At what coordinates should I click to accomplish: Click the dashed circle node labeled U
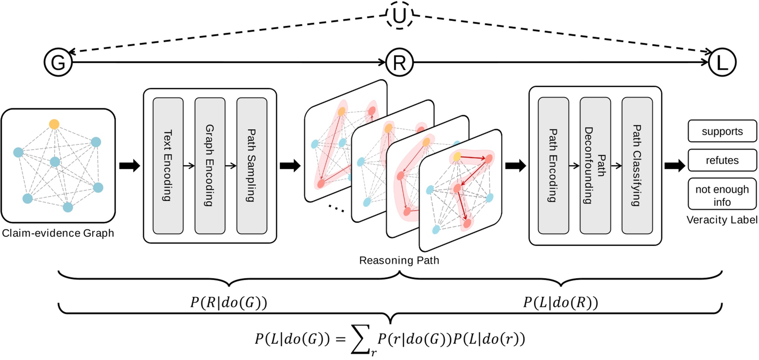click(399, 16)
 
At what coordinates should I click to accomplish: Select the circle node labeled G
click(58, 62)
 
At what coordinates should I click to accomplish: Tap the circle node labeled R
click(399, 62)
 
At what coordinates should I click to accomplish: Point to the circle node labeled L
click(722, 62)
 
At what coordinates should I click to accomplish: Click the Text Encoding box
click(168, 166)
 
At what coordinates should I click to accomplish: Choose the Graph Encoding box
click(210, 166)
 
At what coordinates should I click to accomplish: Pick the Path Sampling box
click(252, 166)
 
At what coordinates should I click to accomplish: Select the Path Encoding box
click(553, 166)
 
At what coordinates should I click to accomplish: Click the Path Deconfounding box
click(595, 166)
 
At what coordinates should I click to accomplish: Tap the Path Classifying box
click(637, 166)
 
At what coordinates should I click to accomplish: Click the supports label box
click(722, 131)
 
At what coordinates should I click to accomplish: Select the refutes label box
click(722, 160)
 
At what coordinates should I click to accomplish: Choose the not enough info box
click(722, 195)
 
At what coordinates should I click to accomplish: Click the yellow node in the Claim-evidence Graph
click(54, 124)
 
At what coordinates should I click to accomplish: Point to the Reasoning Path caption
click(399, 260)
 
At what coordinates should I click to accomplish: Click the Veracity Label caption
click(722, 220)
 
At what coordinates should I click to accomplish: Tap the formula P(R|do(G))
click(228, 302)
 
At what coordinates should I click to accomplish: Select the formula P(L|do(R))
click(561, 302)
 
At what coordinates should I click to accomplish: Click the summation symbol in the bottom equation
click(361, 339)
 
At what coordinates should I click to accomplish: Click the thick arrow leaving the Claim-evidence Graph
click(130, 166)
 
